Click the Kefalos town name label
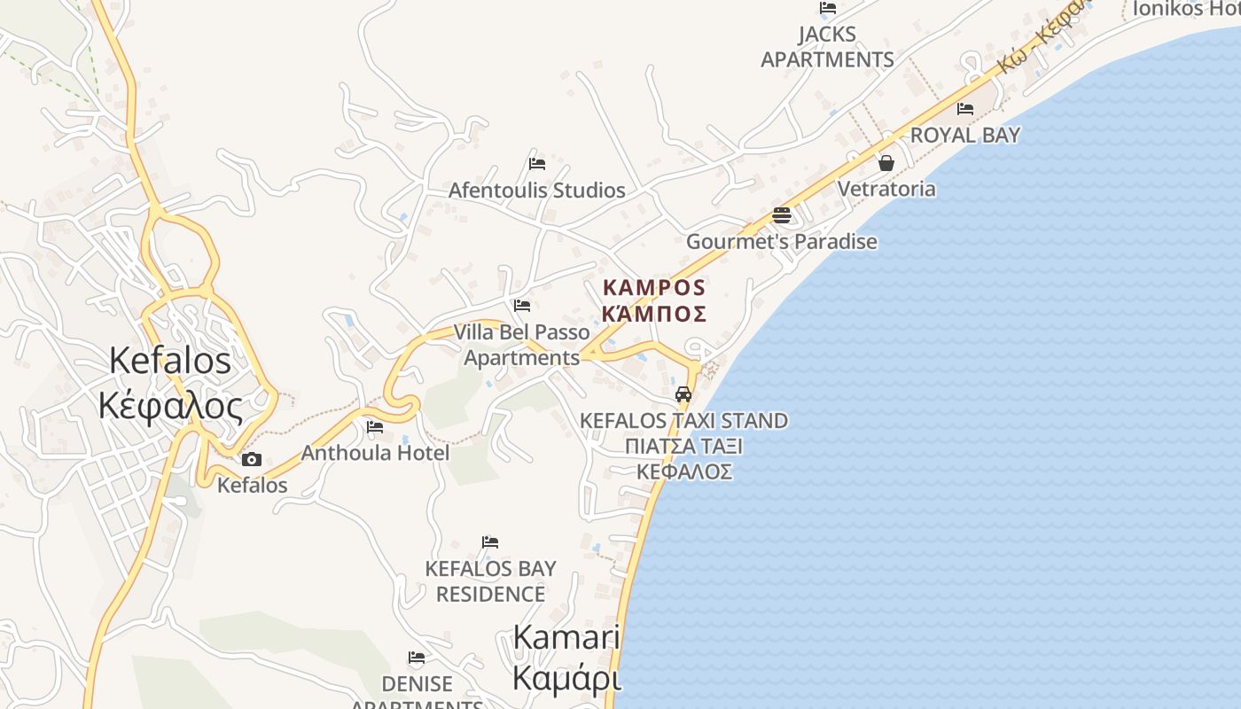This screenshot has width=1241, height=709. [170, 361]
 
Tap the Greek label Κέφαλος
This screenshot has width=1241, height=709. [170, 406]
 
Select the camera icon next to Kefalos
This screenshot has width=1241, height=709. [252, 459]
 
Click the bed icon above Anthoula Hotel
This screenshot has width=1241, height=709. [375, 427]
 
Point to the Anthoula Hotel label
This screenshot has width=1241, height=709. [375, 453]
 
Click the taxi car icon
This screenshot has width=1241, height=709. [683, 394]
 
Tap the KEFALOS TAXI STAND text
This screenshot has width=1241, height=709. [683, 420]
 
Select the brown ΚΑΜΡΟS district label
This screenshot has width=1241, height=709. [654, 288]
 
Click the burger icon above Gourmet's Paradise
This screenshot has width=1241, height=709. [781, 214]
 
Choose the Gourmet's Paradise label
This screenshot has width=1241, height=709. [781, 241]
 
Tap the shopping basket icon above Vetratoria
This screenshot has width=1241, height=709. [886, 163]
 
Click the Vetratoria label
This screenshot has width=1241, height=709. [886, 189]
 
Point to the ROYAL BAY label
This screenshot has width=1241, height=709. [965, 135]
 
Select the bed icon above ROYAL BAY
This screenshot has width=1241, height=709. [965, 109]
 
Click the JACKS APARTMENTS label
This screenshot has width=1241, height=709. [827, 47]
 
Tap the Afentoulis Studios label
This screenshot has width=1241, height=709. [536, 190]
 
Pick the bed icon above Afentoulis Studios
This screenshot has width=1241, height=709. [536, 164]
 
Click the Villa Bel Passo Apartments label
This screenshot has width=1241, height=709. [521, 345]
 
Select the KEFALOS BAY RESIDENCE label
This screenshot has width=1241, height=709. [490, 581]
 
